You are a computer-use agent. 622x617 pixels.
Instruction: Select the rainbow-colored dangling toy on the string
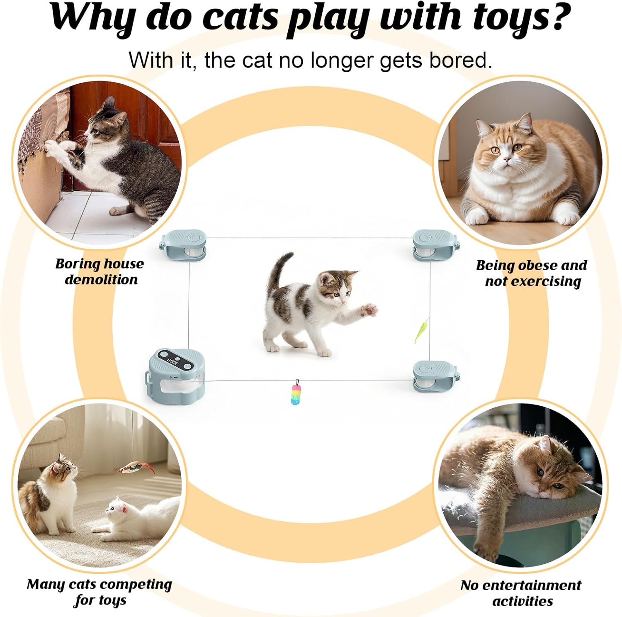tap(296, 395)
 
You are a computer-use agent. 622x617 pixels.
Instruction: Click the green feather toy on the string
tap(421, 330)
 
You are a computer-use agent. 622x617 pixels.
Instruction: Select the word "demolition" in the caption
tap(101, 280)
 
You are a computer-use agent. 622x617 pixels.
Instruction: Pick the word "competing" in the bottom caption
tap(138, 585)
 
